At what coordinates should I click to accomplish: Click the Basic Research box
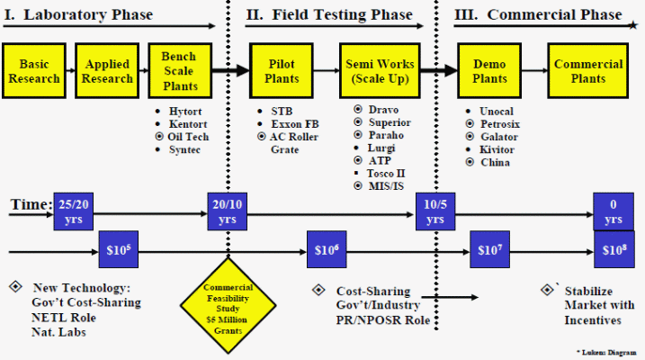click(34, 71)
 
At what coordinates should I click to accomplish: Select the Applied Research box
click(107, 71)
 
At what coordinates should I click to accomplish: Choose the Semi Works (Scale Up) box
click(380, 71)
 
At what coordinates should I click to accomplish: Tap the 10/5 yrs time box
click(434, 211)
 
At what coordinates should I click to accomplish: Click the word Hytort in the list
click(184, 111)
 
